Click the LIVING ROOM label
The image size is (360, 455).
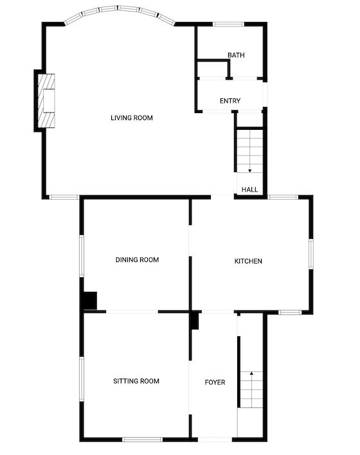(x=132, y=118)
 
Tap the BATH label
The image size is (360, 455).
(x=236, y=55)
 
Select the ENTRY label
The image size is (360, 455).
(x=230, y=101)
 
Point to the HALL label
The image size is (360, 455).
(x=249, y=190)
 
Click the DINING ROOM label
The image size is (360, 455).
(x=138, y=260)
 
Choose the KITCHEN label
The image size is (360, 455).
(x=248, y=261)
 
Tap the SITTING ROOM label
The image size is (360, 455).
(x=136, y=381)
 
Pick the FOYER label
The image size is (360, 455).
(x=215, y=382)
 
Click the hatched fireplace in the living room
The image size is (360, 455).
(x=46, y=101)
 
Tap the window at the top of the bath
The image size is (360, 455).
(x=228, y=24)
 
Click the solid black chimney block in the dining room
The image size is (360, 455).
(x=90, y=301)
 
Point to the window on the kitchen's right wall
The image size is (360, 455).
(x=311, y=254)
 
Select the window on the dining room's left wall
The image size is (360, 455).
(x=82, y=256)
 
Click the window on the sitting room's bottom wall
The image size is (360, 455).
(x=142, y=440)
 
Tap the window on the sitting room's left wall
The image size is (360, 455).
(x=82, y=379)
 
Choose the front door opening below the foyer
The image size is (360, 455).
(x=215, y=440)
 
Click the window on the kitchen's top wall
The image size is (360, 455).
(x=283, y=197)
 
